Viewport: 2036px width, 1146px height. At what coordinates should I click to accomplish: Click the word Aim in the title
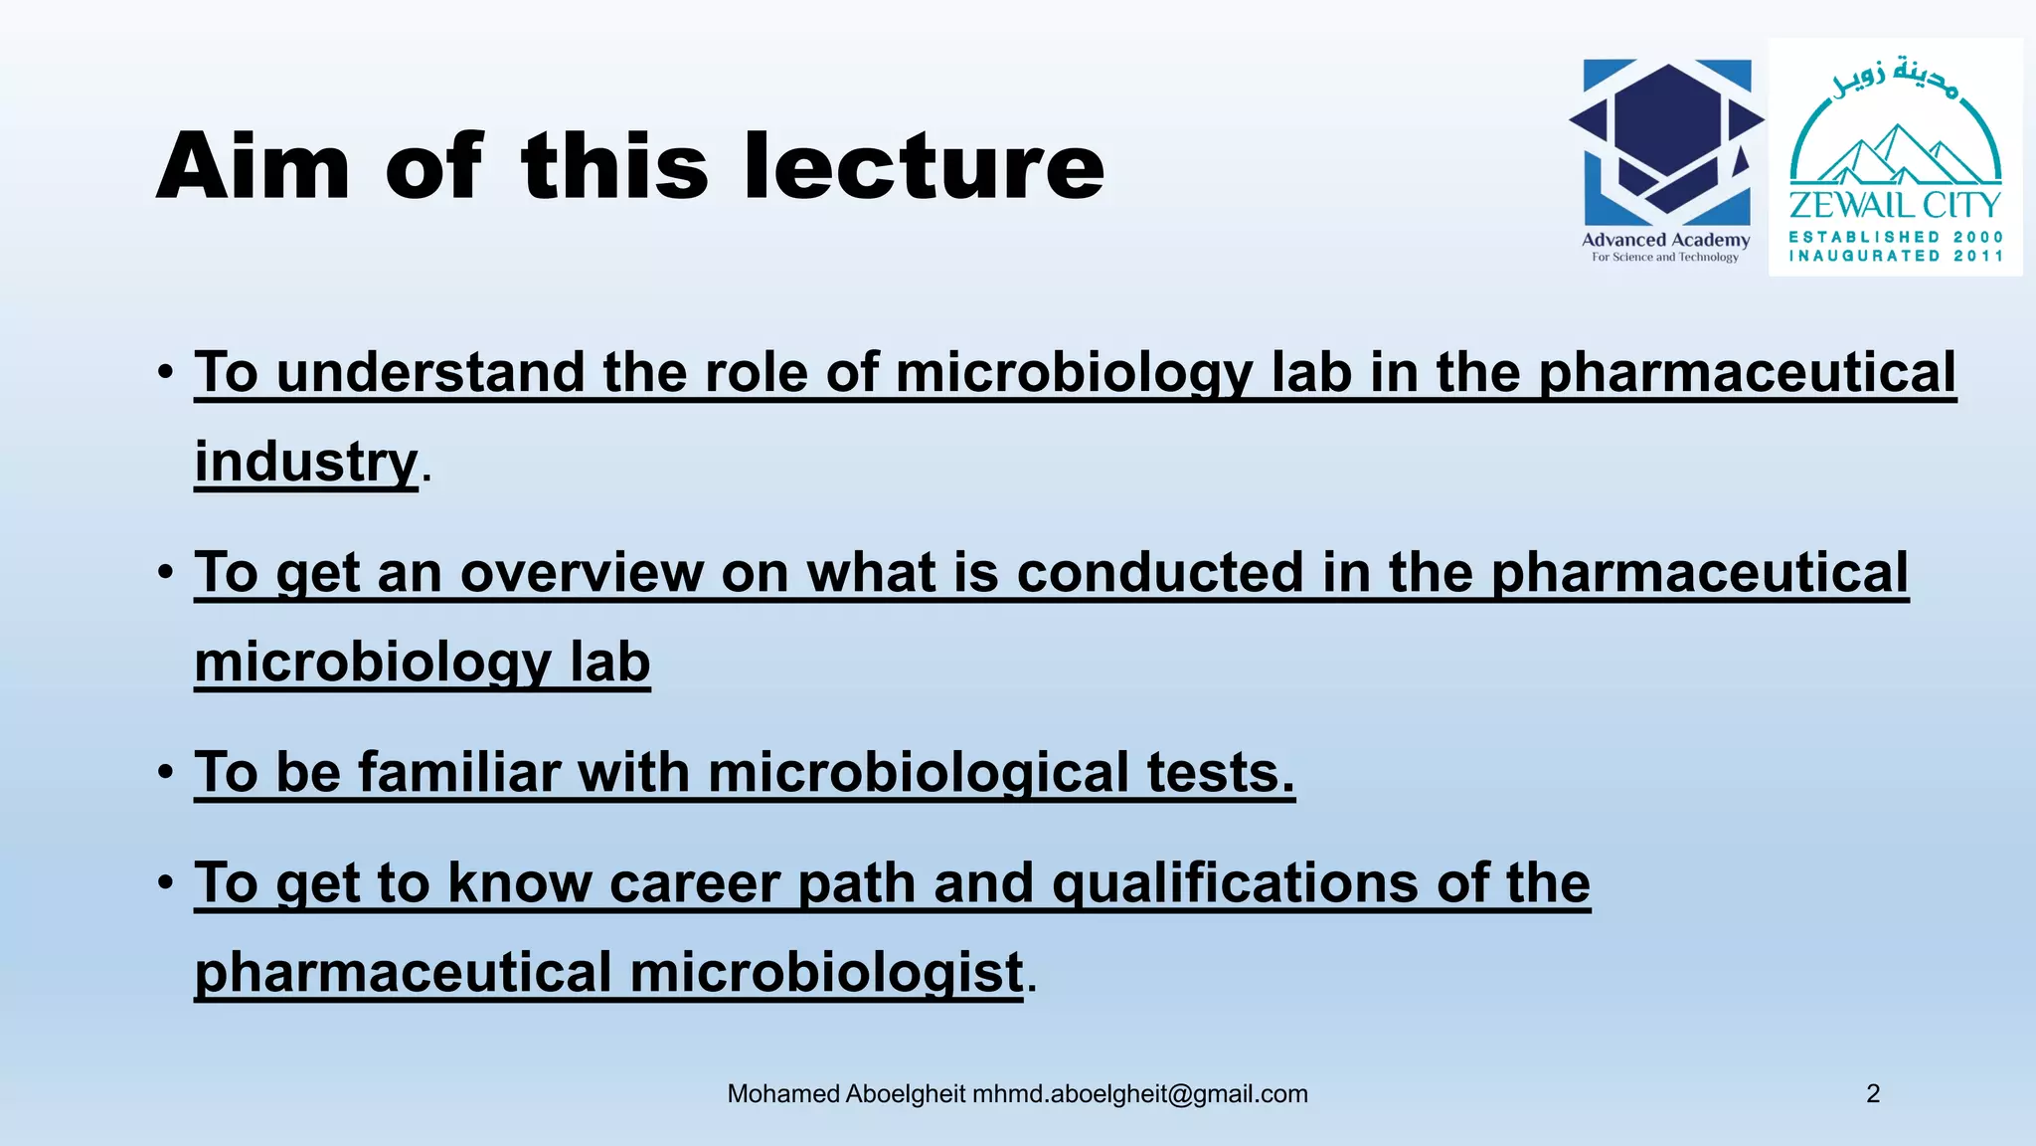pos(254,166)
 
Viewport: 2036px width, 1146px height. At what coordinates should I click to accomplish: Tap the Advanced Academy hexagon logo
pos(1667,141)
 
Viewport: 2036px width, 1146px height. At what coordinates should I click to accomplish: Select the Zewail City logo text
pos(1895,206)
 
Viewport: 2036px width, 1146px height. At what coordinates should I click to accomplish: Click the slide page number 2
pos(1873,1093)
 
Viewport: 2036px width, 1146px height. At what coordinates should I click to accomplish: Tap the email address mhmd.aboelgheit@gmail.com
pos(1140,1093)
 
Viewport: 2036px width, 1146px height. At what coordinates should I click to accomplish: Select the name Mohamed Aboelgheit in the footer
pos(846,1093)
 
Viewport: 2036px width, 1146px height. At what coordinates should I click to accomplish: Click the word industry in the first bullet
pos(306,462)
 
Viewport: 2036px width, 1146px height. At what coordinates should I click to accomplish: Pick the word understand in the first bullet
pos(430,372)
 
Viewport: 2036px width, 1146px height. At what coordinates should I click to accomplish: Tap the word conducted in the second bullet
pos(1159,573)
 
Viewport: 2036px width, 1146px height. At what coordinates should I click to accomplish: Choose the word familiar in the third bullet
pos(459,772)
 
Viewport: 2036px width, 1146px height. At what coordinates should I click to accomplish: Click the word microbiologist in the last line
pos(827,972)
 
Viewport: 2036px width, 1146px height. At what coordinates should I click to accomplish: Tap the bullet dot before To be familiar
pos(166,772)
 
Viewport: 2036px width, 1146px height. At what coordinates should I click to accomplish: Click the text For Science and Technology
pos(1665,257)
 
